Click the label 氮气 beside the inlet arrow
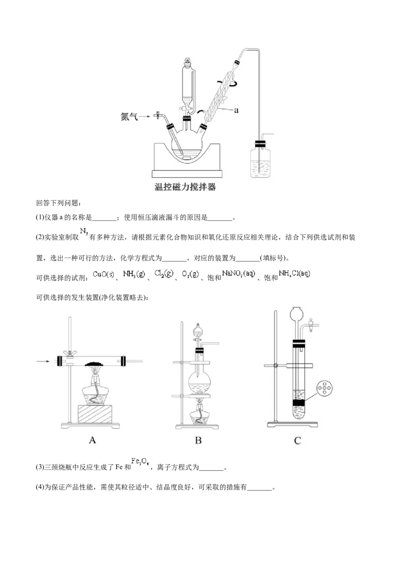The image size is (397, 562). pos(129,117)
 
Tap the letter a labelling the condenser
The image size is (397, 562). pos(236,110)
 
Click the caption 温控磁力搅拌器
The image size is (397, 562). pos(185,187)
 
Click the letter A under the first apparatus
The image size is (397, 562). pos(92,440)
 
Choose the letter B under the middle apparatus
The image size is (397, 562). pos(198,440)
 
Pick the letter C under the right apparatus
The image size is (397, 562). pos(297,440)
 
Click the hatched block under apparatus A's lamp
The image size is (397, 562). pos(95,414)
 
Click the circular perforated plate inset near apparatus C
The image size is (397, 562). pos(324,388)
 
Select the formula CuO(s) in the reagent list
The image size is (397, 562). pos(104,275)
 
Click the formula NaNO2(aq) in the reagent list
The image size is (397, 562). pos(239,274)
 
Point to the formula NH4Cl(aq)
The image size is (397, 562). pos(294,274)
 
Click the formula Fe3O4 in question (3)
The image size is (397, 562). pos(140,461)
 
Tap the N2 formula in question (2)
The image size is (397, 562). pos(84,231)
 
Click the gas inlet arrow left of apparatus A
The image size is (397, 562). pos(43,361)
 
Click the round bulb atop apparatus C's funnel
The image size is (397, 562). pos(297,313)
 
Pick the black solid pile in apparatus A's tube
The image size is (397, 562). pos(95,363)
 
